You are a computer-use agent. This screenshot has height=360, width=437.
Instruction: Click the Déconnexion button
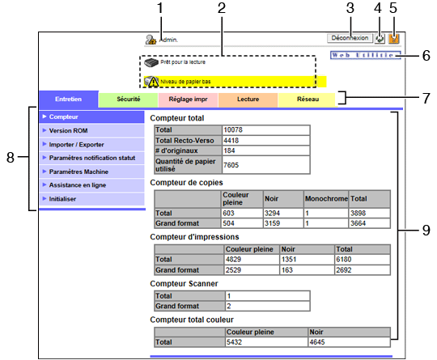350,38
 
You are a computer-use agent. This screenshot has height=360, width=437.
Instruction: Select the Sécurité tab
128,100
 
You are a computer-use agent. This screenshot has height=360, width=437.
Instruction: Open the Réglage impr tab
188,100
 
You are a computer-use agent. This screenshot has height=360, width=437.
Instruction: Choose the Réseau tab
308,100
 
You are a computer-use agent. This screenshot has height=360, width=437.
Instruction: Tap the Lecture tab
248,100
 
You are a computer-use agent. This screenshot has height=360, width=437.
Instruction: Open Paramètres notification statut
92,158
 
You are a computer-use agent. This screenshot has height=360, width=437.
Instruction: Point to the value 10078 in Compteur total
233,130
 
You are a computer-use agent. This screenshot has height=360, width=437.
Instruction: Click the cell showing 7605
231,165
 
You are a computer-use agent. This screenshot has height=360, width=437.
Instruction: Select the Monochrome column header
326,199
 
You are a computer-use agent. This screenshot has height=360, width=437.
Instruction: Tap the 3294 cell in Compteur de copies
272,213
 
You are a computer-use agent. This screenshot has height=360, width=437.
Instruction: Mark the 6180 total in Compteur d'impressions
344,260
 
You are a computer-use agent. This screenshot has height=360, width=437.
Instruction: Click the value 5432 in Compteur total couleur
234,342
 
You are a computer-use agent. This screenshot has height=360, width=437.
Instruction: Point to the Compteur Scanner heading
184,284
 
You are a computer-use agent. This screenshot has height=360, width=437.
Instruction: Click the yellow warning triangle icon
153,82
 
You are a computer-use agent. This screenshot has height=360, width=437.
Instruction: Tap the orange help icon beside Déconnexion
394,39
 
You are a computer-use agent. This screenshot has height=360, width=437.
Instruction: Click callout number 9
426,230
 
